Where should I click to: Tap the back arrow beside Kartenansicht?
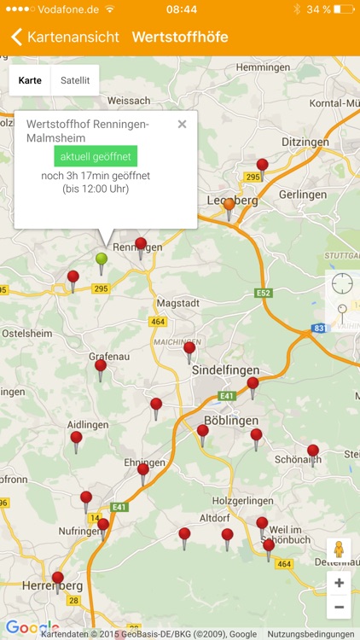16,37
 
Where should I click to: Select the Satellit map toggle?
75,80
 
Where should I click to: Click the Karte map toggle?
30,80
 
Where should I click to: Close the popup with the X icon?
182,125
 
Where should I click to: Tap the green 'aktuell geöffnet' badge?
96,156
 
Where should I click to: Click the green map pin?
102,259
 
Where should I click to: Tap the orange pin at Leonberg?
229,206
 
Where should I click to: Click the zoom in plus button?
339,583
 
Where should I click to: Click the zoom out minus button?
339,607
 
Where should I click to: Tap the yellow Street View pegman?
339,550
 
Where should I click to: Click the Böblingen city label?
232,422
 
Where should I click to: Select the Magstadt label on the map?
177,303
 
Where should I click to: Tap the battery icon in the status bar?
343,9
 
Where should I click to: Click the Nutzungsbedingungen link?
311,634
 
